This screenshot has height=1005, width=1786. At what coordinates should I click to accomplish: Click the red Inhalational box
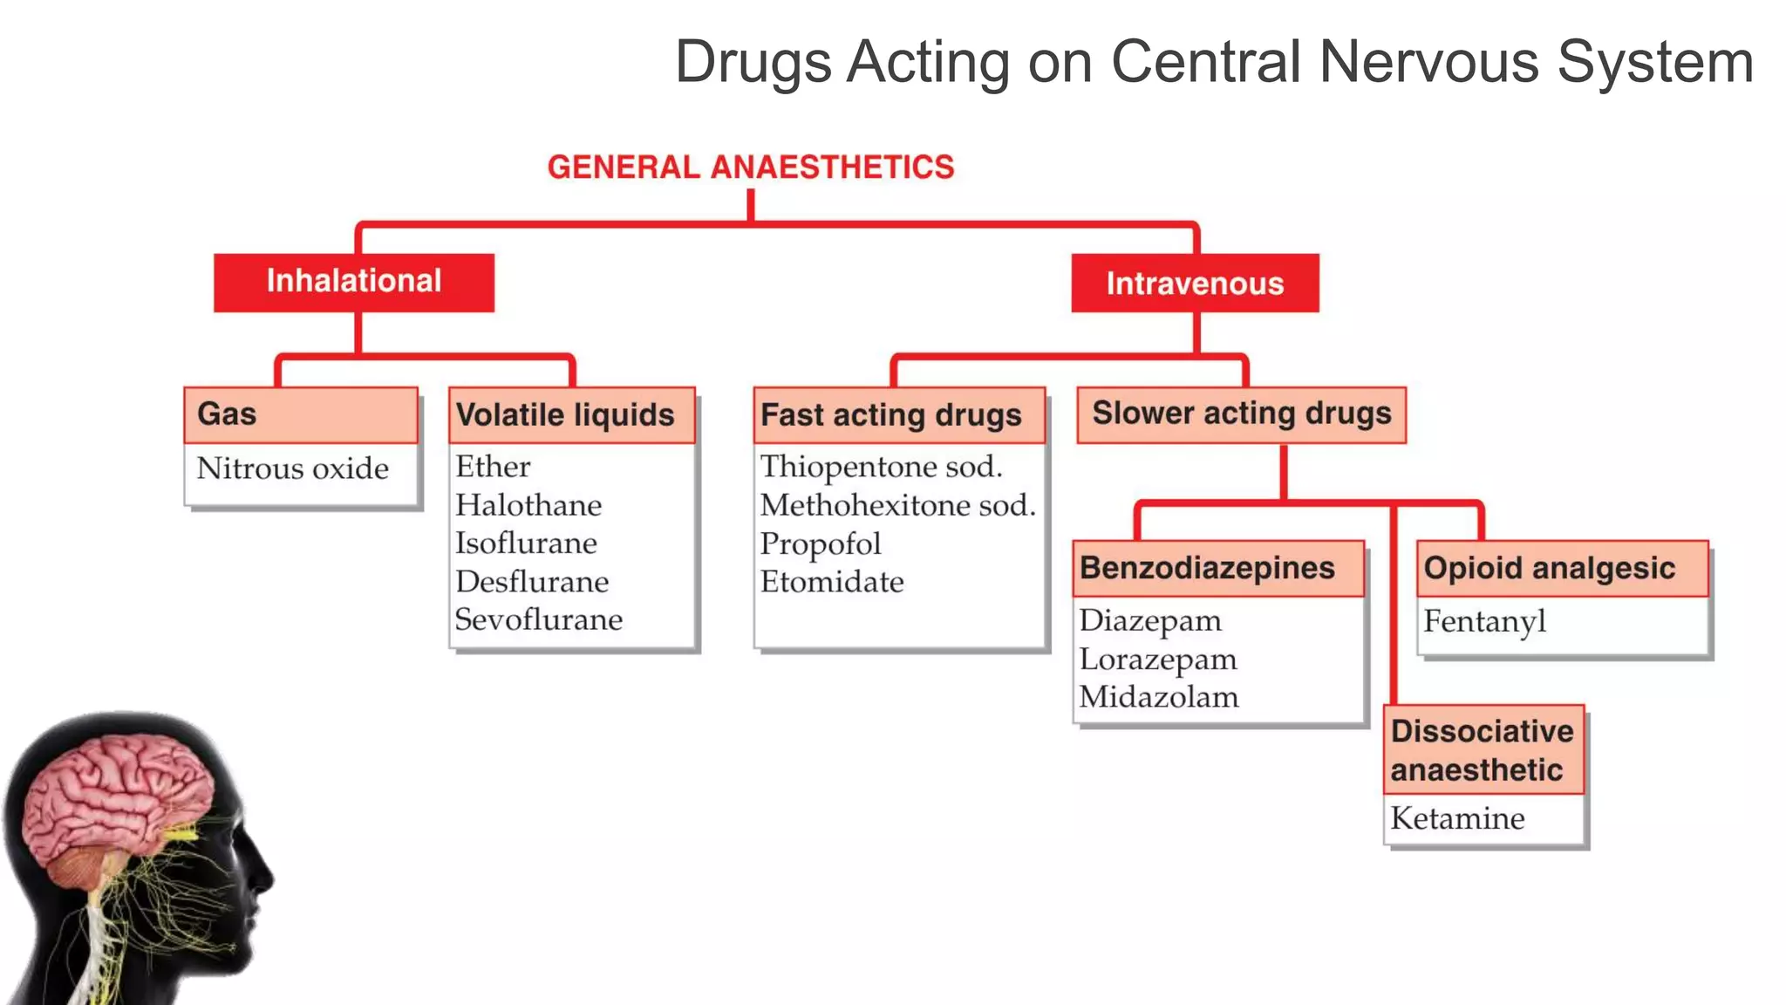pyautogui.click(x=354, y=283)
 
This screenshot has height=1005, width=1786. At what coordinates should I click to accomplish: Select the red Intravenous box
pyautogui.click(x=1195, y=284)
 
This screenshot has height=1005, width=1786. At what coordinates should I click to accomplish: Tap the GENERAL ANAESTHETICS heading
pyautogui.click(x=751, y=167)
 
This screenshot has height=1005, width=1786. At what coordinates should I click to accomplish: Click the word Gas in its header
pyautogui.click(x=227, y=414)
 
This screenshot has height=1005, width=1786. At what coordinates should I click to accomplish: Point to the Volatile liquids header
pyautogui.click(x=565, y=415)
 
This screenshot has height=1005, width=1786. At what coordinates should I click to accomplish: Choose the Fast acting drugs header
pyautogui.click(x=890, y=415)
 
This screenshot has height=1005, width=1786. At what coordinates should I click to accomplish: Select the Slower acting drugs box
pyautogui.click(x=1241, y=414)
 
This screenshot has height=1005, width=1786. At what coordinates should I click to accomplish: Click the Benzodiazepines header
pyautogui.click(x=1207, y=568)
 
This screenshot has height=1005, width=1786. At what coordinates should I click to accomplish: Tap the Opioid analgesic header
pyautogui.click(x=1549, y=568)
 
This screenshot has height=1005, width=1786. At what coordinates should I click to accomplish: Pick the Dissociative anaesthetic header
pyautogui.click(x=1482, y=750)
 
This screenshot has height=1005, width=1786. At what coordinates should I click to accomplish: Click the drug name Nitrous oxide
pyautogui.click(x=293, y=468)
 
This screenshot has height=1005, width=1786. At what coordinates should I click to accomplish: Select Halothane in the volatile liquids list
pyautogui.click(x=528, y=505)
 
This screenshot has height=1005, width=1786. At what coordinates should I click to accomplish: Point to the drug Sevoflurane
pyautogui.click(x=539, y=619)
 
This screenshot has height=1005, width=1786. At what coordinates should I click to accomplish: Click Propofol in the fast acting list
pyautogui.click(x=821, y=544)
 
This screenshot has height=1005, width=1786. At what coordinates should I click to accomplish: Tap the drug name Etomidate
pyautogui.click(x=832, y=582)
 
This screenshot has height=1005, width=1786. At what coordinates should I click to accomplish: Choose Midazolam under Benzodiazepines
pyautogui.click(x=1158, y=697)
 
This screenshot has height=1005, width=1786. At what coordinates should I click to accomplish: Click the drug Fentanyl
pyautogui.click(x=1484, y=621)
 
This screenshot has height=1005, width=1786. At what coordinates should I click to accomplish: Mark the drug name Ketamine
pyautogui.click(x=1457, y=818)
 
